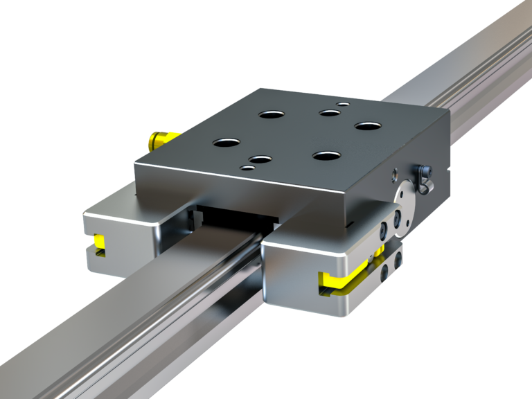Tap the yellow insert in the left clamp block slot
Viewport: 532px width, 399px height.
coord(99,242)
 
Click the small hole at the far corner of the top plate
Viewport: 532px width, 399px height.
coord(343,105)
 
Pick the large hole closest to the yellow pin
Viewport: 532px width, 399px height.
coord(226,143)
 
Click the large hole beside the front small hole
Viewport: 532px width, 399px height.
coord(260,159)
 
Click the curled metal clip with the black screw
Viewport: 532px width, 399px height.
coord(423,178)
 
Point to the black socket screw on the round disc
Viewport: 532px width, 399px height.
coord(398,220)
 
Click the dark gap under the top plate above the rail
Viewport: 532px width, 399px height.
coord(236,218)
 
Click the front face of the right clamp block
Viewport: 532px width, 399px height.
coord(291,281)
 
